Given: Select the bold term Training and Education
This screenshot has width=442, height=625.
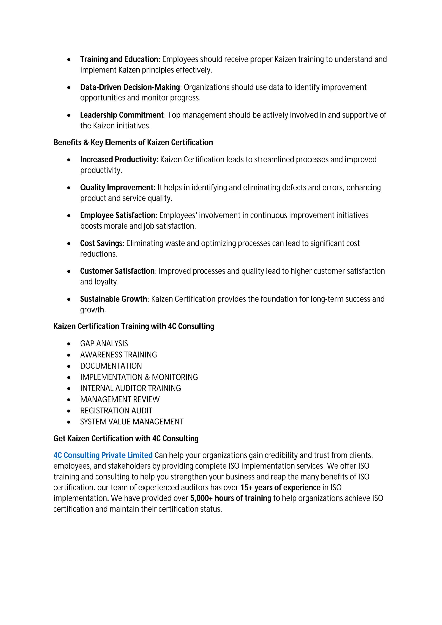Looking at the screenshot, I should pyautogui.click(x=119, y=59).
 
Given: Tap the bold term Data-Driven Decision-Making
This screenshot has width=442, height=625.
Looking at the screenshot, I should pyautogui.click(x=130, y=87).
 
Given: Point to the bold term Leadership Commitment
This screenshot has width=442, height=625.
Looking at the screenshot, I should pyautogui.click(x=122, y=115).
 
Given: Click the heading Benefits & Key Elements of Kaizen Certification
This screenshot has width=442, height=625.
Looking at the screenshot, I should pyautogui.click(x=133, y=142).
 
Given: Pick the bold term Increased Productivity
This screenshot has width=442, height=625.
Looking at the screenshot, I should pyautogui.click(x=118, y=160).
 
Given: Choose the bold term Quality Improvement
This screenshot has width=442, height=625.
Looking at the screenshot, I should pyautogui.click(x=117, y=188).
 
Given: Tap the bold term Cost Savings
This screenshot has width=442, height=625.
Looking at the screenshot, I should pyautogui.click(x=101, y=243).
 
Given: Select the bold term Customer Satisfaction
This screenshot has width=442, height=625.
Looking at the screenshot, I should pyautogui.click(x=117, y=271).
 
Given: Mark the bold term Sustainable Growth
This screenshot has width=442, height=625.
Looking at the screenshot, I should pyautogui.click(x=114, y=299).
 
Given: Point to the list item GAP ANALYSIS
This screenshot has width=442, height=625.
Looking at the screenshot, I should pyautogui.click(x=104, y=344).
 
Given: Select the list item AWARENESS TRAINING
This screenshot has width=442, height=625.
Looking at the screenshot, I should pyautogui.click(x=118, y=355).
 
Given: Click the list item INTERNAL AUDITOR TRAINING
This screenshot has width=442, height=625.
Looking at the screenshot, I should pyautogui.click(x=130, y=388).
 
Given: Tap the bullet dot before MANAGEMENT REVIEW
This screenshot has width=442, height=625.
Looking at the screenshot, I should pyautogui.click(x=69, y=400).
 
